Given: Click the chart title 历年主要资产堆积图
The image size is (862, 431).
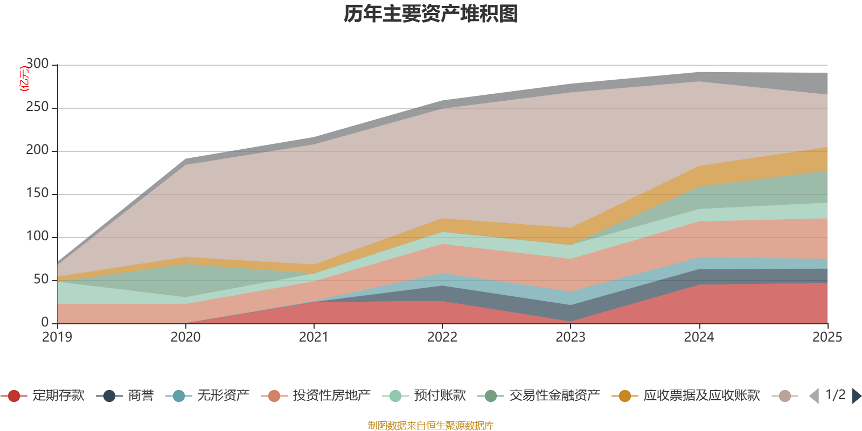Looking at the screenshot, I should point(431,14).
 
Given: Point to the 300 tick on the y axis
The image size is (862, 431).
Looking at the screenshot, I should point(37,65).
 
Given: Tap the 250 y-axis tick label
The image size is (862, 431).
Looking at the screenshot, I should point(37,108).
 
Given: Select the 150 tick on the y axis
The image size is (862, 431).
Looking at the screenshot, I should point(37,194).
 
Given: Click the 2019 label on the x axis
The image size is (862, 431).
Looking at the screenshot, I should point(57,337).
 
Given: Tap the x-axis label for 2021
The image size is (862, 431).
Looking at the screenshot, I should point(314,337).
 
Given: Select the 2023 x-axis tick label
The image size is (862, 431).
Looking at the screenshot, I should point(571,337).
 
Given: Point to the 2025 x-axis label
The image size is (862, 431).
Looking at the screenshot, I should point(827,337).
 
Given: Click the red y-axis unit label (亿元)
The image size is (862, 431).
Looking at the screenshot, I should point(24,79).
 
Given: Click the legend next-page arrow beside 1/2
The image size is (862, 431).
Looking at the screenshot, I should point(857,396).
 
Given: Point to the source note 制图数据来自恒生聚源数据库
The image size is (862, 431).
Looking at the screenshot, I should point(431,426).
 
